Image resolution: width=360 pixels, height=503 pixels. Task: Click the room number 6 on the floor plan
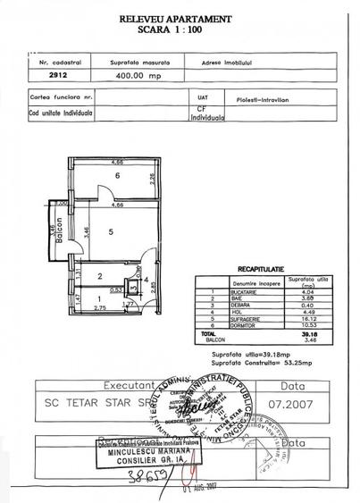coord(116,177)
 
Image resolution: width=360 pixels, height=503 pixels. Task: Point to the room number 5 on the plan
coord(110,232)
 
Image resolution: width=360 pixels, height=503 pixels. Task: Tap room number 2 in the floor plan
coord(100,276)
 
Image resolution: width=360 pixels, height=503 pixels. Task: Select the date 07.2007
coord(300,404)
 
